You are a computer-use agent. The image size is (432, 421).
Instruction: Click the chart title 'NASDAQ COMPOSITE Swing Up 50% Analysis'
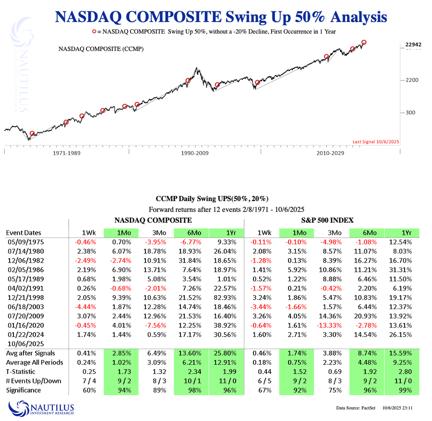(221, 17)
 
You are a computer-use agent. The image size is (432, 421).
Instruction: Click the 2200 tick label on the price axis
(409, 80)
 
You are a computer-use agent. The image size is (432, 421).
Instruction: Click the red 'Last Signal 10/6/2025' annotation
(375, 142)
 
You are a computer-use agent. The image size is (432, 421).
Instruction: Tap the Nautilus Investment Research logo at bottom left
(41, 409)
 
